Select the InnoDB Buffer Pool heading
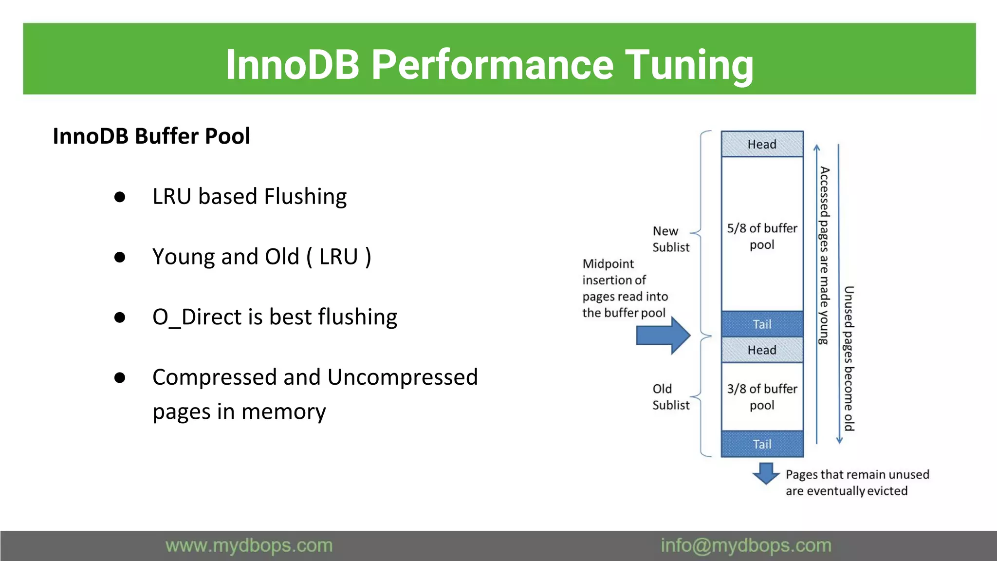pos(151,136)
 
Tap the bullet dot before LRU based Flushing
pos(120,197)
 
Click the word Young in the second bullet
pos(184,257)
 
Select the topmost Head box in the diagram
pos(762,144)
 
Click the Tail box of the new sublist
pos(762,324)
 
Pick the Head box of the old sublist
pos(762,350)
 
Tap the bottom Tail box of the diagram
pos(762,444)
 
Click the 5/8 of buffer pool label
pos(762,236)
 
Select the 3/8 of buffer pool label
pos(762,396)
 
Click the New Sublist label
pos(670,239)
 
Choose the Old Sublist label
pos(670,397)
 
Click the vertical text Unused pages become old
pos(849,358)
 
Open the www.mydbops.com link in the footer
pos(249,545)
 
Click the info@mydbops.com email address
pos(746,545)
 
